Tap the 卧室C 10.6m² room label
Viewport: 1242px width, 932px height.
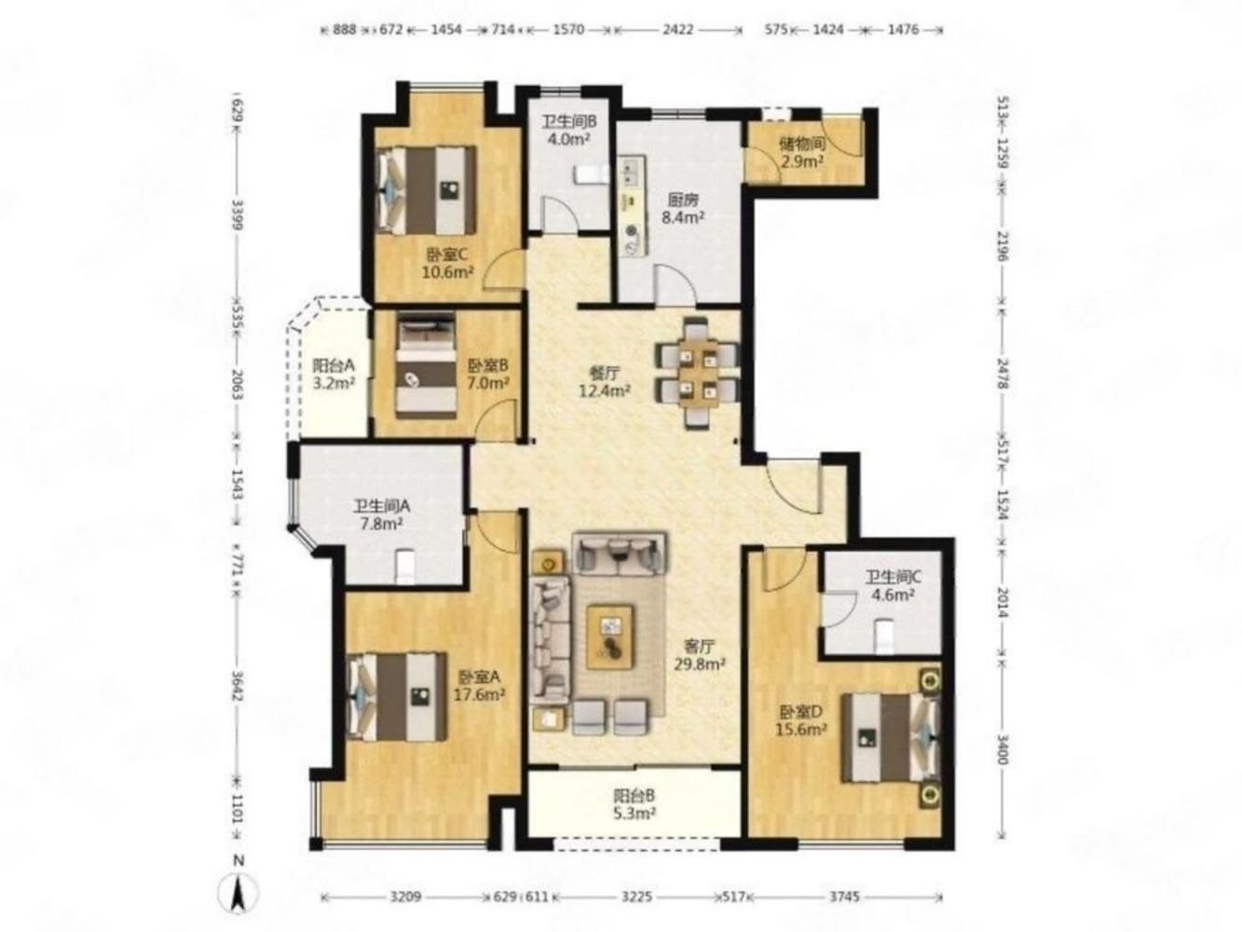447,264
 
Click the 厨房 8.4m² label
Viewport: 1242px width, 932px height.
683,208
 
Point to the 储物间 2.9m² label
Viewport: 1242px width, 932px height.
802,153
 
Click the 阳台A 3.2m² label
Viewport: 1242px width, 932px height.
334,374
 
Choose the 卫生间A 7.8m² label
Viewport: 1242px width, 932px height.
381,514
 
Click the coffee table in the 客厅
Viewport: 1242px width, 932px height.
610,637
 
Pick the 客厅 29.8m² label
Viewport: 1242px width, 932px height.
700,654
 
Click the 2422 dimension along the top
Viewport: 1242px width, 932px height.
678,30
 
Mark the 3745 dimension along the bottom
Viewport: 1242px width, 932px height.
844,897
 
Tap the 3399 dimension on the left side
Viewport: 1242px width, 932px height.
239,214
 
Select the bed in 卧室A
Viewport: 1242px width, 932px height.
397,696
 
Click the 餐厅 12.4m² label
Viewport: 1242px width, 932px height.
605,382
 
